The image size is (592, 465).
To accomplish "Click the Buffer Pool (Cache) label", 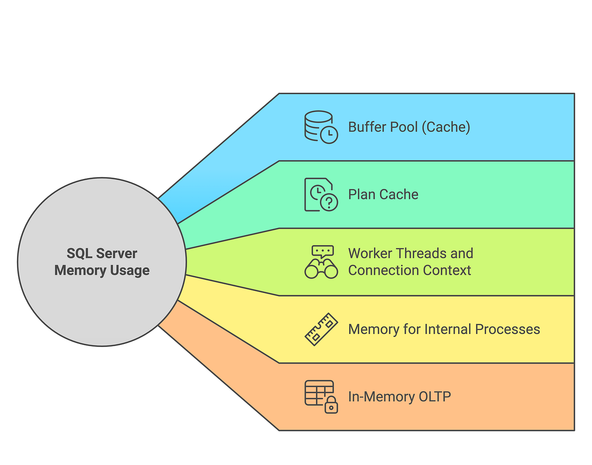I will tap(409, 127).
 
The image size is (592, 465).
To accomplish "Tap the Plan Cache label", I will tap(383, 195).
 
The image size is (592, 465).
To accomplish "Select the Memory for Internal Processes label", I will tap(444, 329).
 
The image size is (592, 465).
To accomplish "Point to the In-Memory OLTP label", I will tap(399, 397).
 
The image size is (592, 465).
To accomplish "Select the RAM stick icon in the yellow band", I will tap(321, 329).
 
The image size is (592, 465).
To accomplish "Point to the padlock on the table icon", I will tap(331, 405).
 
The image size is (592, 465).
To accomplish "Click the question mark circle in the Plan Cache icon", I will tap(329, 202).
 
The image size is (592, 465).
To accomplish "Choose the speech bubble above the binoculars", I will tap(323, 251).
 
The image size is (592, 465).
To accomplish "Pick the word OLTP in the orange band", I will tap(435, 397).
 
